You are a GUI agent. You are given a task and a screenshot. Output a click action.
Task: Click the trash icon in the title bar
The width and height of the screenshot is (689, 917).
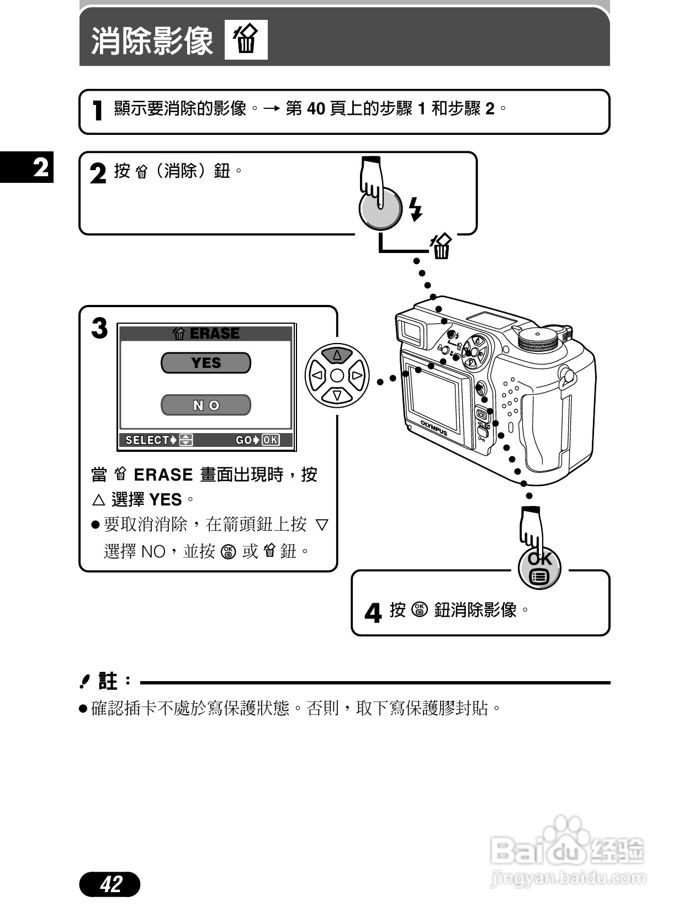coord(246,40)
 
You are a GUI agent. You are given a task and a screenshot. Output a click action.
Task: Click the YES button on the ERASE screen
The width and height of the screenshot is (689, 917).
coord(205,363)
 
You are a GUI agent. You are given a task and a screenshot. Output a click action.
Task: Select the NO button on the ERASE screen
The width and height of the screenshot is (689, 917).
coord(205,405)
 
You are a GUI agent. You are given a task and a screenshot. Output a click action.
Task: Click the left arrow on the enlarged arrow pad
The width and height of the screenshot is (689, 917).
coord(317,376)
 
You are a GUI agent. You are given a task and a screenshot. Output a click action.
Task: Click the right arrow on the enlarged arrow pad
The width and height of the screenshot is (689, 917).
coord(357,376)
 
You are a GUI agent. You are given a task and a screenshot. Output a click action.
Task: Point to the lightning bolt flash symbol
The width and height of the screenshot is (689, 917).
coord(416,209)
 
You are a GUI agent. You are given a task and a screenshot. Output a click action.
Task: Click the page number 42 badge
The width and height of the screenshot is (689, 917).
coord(110,884)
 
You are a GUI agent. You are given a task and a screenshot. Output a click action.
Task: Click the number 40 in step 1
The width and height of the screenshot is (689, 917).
coord(316,109)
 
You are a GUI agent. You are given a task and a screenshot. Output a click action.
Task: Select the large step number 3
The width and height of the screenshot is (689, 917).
coord(99,329)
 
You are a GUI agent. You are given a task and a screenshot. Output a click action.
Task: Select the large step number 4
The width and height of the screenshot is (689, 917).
coord(373,613)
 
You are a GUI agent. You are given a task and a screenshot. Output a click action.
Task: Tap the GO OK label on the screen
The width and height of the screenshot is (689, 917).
coord(257,440)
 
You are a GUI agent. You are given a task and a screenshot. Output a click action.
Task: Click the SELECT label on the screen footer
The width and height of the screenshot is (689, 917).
coord(148,440)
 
